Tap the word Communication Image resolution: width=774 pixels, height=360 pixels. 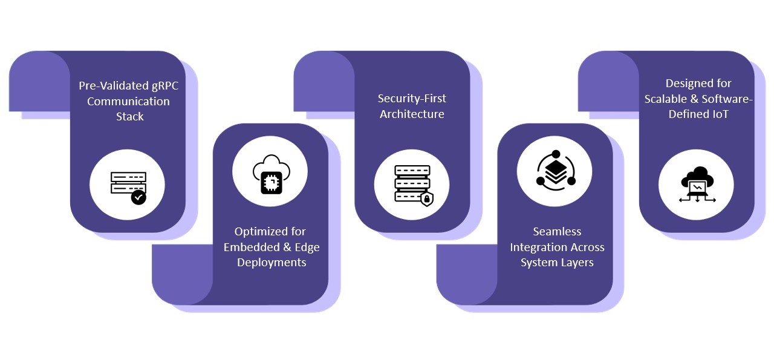tap(129, 101)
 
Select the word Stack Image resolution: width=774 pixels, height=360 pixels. tap(130, 117)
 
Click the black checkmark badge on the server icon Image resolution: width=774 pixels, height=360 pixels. tap(138, 197)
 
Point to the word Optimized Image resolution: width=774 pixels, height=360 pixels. tap(253, 232)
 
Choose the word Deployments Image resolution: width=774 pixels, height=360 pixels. tap(272, 263)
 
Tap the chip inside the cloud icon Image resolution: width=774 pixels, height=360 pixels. tap(272, 182)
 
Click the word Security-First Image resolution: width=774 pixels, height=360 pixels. tap(412, 99)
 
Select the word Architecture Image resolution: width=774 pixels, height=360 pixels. tap(412, 114)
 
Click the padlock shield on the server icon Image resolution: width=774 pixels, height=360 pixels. tap(427, 198)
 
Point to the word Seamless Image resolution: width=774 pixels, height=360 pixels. tap(557, 232)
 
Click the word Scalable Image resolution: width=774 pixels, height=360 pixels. tap(666, 99)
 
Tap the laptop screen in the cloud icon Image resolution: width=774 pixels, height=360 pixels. tap(697, 188)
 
